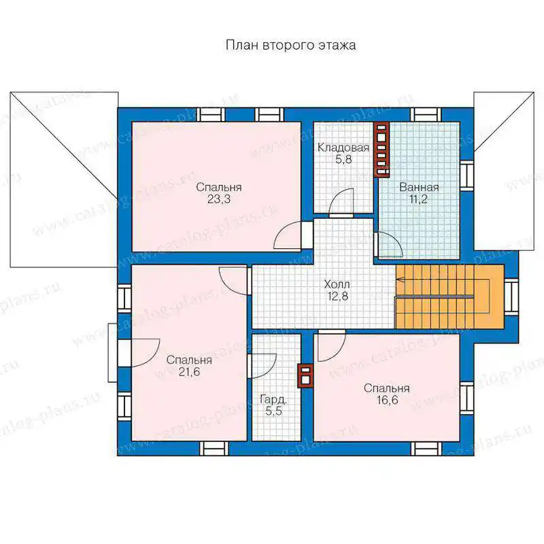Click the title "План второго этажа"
(291, 46)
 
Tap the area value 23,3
(219, 199)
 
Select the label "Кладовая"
(343, 148)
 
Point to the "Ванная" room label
(419, 187)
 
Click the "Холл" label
(337, 284)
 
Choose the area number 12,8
(337, 296)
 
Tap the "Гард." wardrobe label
(273, 400)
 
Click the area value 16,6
(387, 400)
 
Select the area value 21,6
(190, 372)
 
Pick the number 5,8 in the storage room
(344, 159)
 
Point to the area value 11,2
(419, 199)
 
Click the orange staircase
(449, 296)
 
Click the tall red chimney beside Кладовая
(381, 149)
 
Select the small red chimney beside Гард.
(305, 376)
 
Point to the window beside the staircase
(511, 297)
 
